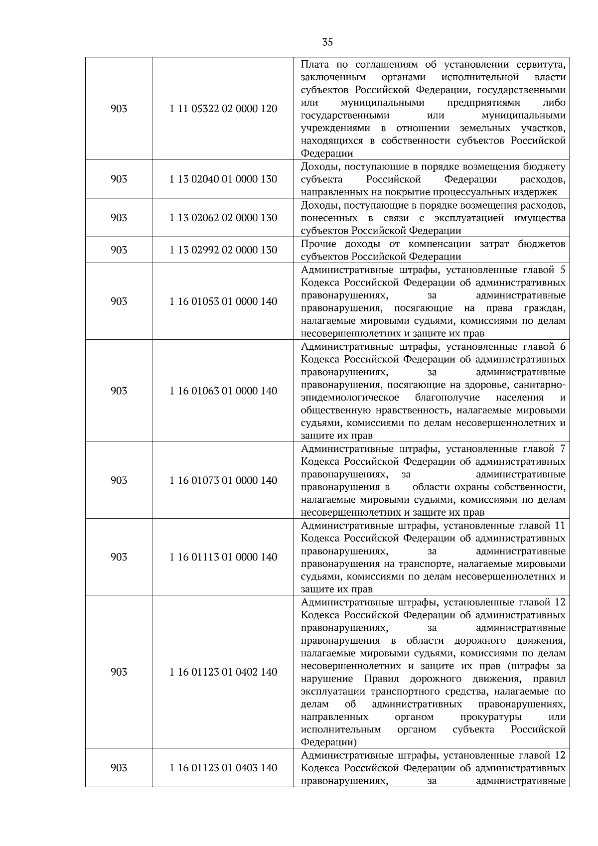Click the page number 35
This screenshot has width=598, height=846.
(x=327, y=42)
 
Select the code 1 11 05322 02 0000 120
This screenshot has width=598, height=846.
(x=223, y=109)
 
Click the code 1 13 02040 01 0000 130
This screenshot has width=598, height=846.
(x=223, y=179)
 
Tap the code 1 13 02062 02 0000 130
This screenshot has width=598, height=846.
(x=223, y=218)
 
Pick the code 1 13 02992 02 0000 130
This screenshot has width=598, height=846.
(x=223, y=250)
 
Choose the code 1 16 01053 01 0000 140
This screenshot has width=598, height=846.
(x=223, y=301)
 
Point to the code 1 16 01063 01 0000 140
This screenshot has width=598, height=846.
(x=223, y=391)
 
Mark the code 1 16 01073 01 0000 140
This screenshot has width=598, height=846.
(x=223, y=480)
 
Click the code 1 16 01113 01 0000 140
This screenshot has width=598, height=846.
(x=223, y=557)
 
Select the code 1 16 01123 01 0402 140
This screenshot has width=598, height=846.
(x=223, y=672)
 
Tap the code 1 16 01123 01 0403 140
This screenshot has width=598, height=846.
(x=223, y=768)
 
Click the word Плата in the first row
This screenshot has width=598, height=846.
(x=314, y=65)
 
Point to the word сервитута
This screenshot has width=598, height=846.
(x=541, y=65)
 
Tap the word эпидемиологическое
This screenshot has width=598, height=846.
(x=350, y=398)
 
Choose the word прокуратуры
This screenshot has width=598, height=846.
(x=491, y=717)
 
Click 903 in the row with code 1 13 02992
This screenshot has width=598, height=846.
(x=119, y=250)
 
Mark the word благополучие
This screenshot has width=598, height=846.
(x=447, y=398)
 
